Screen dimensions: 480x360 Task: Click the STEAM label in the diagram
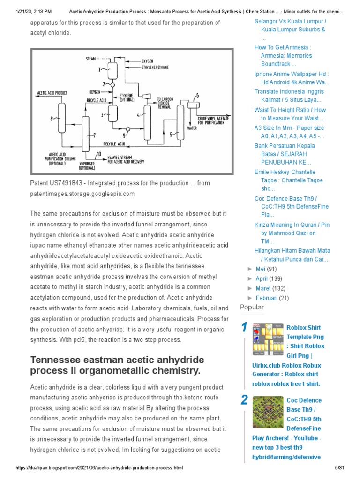coord(91,59)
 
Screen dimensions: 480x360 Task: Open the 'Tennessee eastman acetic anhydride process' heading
coord(117,365)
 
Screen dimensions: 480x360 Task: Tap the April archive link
coord(262,278)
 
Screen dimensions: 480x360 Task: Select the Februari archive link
coord(266,298)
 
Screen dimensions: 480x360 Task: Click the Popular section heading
coord(252,307)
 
